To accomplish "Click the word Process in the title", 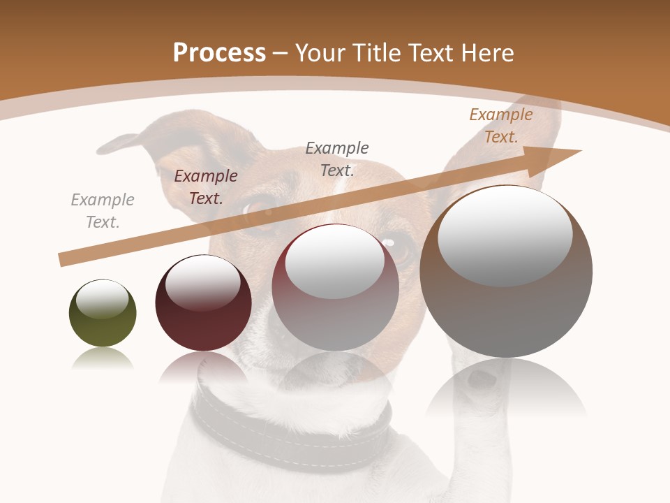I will coord(219,53).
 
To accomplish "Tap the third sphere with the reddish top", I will coord(336,307).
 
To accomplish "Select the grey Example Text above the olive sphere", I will coord(103,211).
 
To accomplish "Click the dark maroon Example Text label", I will coord(206,187).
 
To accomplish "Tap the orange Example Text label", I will coord(501,126).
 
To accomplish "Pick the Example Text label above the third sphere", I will coord(337,159).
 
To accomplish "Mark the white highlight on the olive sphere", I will coord(102,300).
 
